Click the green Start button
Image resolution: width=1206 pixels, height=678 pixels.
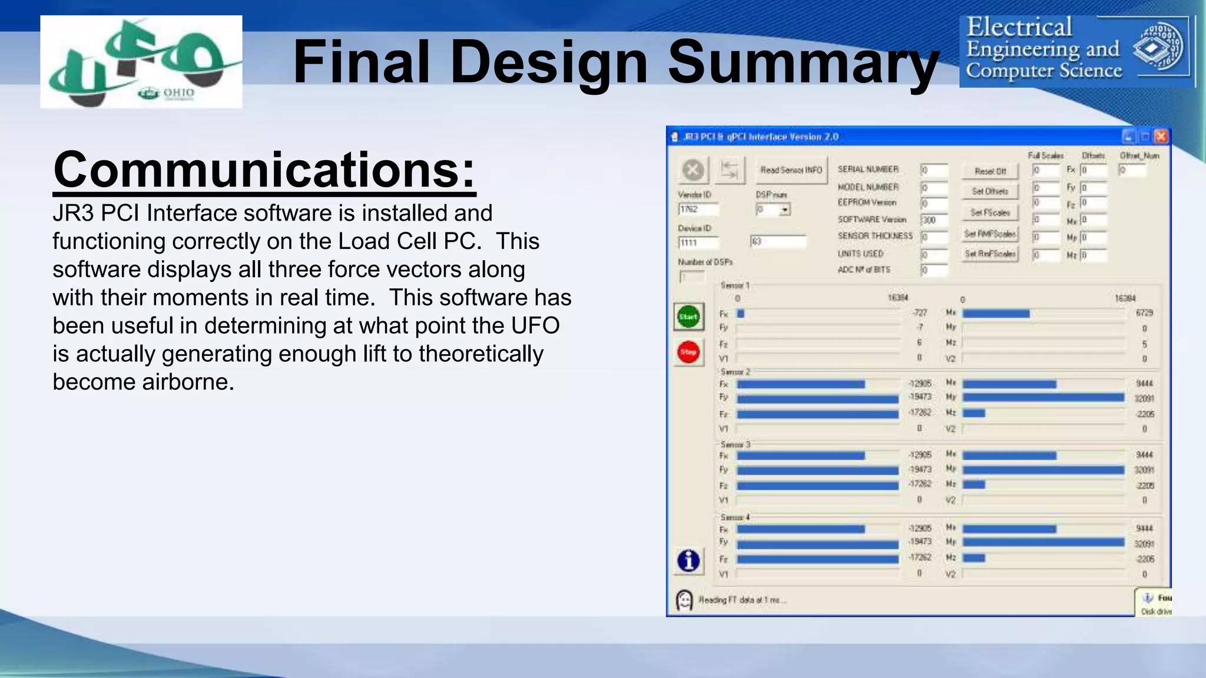pyautogui.click(x=688, y=317)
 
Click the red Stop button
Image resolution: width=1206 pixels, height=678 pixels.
pyautogui.click(x=688, y=352)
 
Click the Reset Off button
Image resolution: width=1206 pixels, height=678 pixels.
pyautogui.click(x=990, y=171)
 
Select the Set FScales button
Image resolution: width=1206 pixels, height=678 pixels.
pyautogui.click(x=990, y=212)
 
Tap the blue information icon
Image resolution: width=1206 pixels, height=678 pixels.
pyautogui.click(x=688, y=560)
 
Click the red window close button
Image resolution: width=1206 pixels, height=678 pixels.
pyautogui.click(x=1161, y=137)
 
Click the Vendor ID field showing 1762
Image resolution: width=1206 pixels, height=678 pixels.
pyautogui.click(x=698, y=210)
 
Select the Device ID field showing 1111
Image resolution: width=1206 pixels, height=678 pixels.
pyautogui.click(x=698, y=242)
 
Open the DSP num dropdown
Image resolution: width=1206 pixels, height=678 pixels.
pyautogui.click(x=784, y=210)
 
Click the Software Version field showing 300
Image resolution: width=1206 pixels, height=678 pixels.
pyautogui.click(x=934, y=220)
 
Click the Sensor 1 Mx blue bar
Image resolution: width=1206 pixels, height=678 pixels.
pyautogui.click(x=996, y=314)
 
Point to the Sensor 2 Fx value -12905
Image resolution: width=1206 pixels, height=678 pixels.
pyautogui.click(x=920, y=384)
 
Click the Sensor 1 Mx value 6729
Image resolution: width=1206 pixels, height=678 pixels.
pyautogui.click(x=1144, y=313)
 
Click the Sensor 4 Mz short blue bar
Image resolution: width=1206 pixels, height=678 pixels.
pyautogui.click(x=973, y=558)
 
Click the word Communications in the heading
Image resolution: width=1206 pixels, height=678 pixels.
pyautogui.click(x=264, y=169)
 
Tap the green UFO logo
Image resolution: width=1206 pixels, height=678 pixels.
pyautogui.click(x=141, y=62)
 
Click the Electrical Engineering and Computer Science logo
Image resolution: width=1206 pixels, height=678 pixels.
pyautogui.click(x=1077, y=52)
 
